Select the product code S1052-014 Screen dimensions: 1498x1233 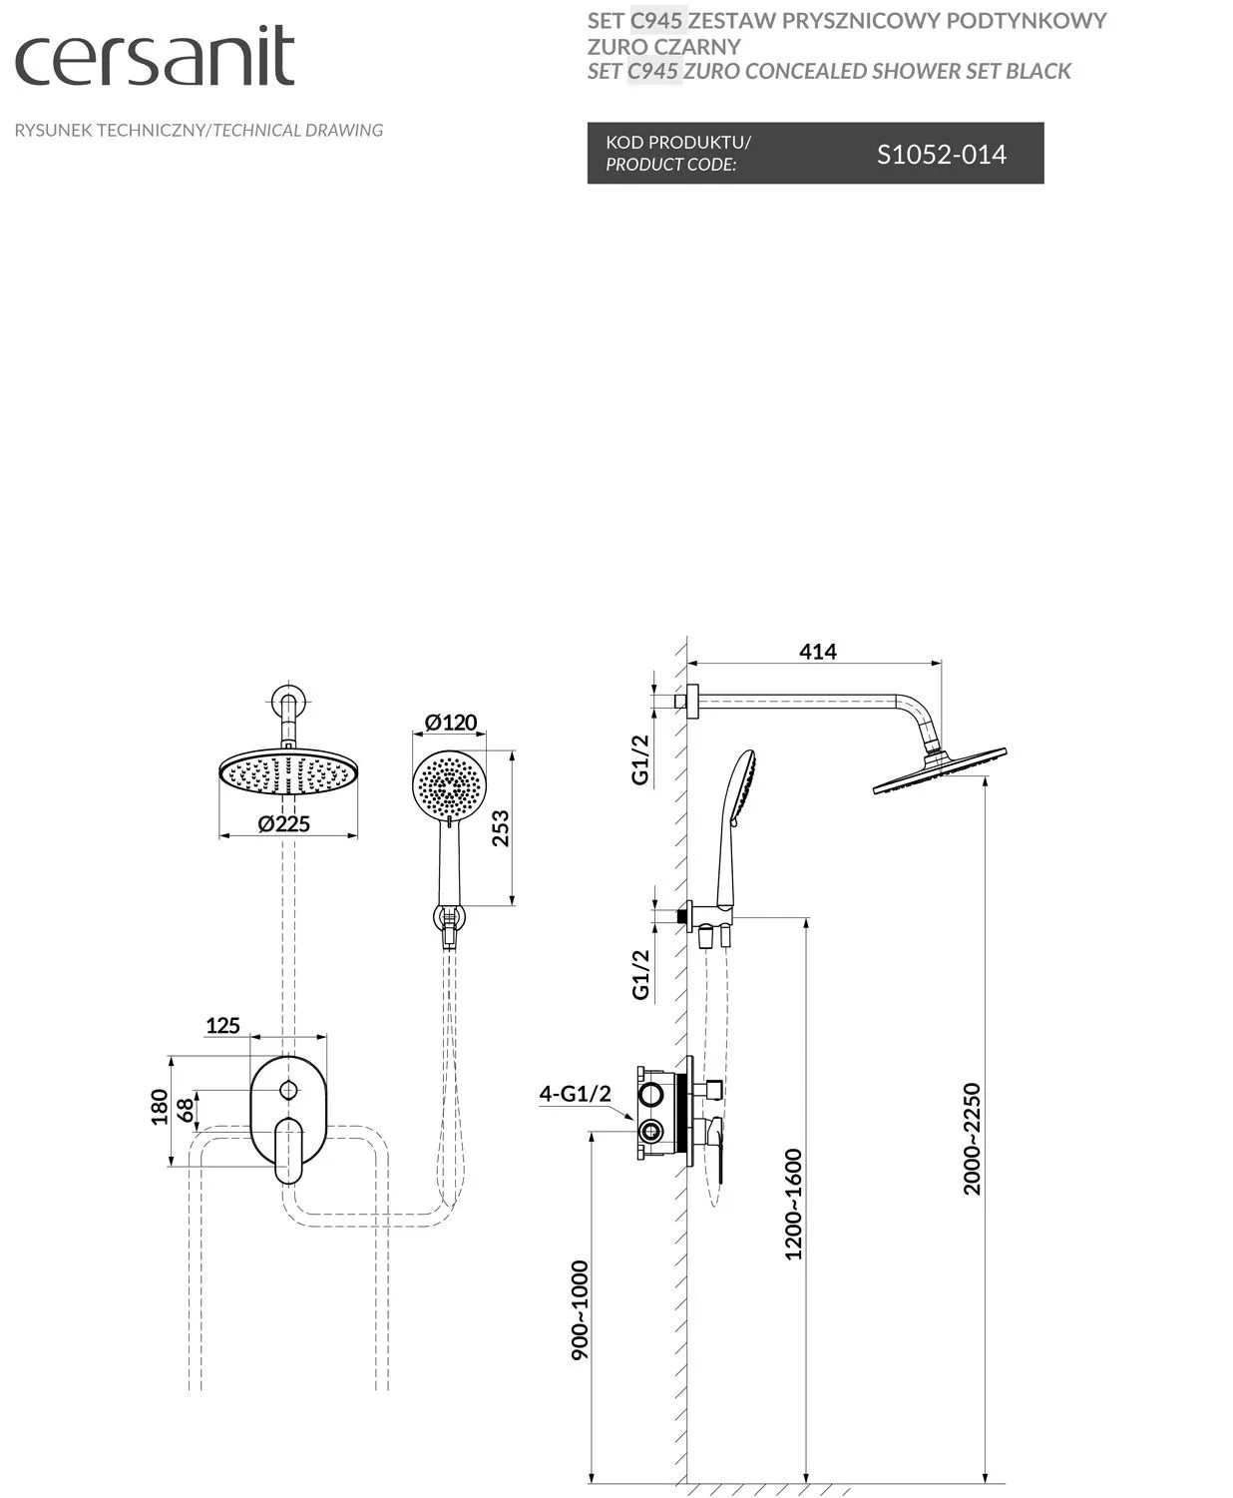[x=941, y=154]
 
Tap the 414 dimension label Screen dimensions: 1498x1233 [x=818, y=651]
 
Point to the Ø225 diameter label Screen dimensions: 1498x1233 [x=283, y=823]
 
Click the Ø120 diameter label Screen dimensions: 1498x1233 [x=451, y=722]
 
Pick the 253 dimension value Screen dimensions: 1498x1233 [x=500, y=828]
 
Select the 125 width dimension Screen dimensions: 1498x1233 [x=222, y=1025]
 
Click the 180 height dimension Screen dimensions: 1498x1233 [x=160, y=1108]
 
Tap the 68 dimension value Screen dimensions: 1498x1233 [x=186, y=1110]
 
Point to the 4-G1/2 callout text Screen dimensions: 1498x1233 [x=575, y=1093]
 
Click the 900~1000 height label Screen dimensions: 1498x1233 [x=580, y=1309]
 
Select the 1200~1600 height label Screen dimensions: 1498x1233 [x=793, y=1204]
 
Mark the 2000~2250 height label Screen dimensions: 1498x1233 [x=973, y=1138]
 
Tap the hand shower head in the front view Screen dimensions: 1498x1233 [x=450, y=783]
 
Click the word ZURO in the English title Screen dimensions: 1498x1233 [x=714, y=71]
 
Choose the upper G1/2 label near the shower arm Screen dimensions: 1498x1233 [x=640, y=758]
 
